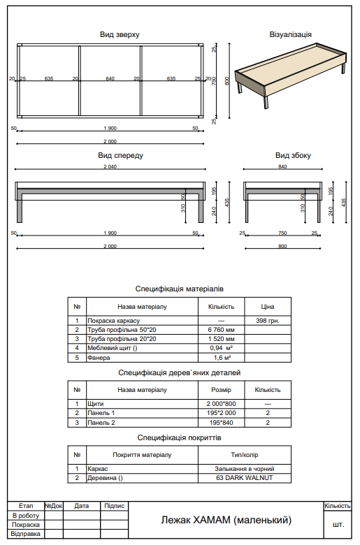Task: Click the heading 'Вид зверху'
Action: pyautogui.click(x=120, y=34)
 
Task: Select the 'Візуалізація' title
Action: pyautogui.click(x=290, y=34)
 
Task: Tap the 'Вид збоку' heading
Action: pyautogui.click(x=292, y=155)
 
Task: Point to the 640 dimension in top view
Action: pyautogui.click(x=110, y=79)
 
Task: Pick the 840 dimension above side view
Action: pyautogui.click(x=282, y=167)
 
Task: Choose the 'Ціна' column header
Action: pyautogui.click(x=268, y=306)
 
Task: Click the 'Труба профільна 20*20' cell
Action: pyautogui.click(x=117, y=338)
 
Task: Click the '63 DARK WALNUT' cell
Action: pyautogui.click(x=244, y=478)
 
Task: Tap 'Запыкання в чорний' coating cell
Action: pyautogui.click(x=244, y=468)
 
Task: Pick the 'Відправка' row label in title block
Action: pyautogui.click(x=26, y=534)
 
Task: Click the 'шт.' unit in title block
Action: pyautogui.click(x=338, y=523)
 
